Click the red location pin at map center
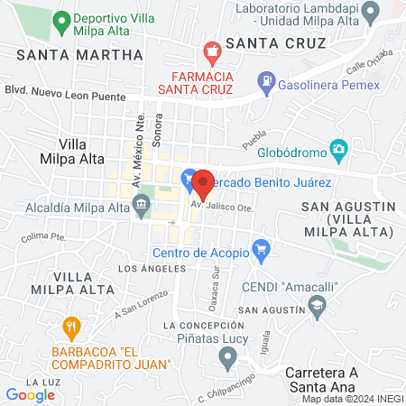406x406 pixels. (202, 183)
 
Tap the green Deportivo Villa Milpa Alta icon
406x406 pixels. (61, 19)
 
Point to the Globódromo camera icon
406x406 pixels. (338, 149)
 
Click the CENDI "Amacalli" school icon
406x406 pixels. (317, 309)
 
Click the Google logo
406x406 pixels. (30, 394)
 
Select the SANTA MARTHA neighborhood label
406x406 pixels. (80, 54)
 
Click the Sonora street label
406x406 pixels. (159, 131)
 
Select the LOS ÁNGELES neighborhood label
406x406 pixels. (152, 268)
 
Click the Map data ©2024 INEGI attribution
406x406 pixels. (352, 399)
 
